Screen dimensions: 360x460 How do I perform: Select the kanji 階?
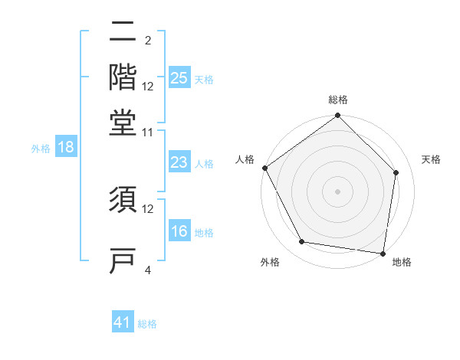[x=123, y=77]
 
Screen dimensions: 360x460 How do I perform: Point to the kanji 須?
[x=123, y=201]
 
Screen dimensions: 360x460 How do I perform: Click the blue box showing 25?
[x=179, y=77]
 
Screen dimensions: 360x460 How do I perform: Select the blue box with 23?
[x=179, y=162]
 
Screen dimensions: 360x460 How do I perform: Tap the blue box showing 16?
[x=179, y=231]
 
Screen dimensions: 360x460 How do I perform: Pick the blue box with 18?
[x=66, y=147]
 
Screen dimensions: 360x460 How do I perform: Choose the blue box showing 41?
[x=123, y=322]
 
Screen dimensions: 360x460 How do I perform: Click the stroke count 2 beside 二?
[x=148, y=40]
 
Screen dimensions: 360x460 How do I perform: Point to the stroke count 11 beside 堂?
[x=148, y=132]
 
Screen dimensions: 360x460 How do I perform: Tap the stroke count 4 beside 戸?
[x=148, y=270]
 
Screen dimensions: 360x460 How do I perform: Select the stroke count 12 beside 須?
[x=148, y=208]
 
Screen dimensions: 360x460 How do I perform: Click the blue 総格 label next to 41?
[x=147, y=324]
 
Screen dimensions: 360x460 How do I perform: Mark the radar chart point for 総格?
[x=337, y=116]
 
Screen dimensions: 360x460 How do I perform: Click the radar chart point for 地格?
[x=383, y=252]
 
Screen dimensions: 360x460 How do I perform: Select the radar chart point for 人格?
[x=264, y=168]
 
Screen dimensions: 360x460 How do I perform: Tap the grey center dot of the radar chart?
[x=337, y=191]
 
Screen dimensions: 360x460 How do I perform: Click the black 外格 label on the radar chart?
[x=270, y=263]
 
